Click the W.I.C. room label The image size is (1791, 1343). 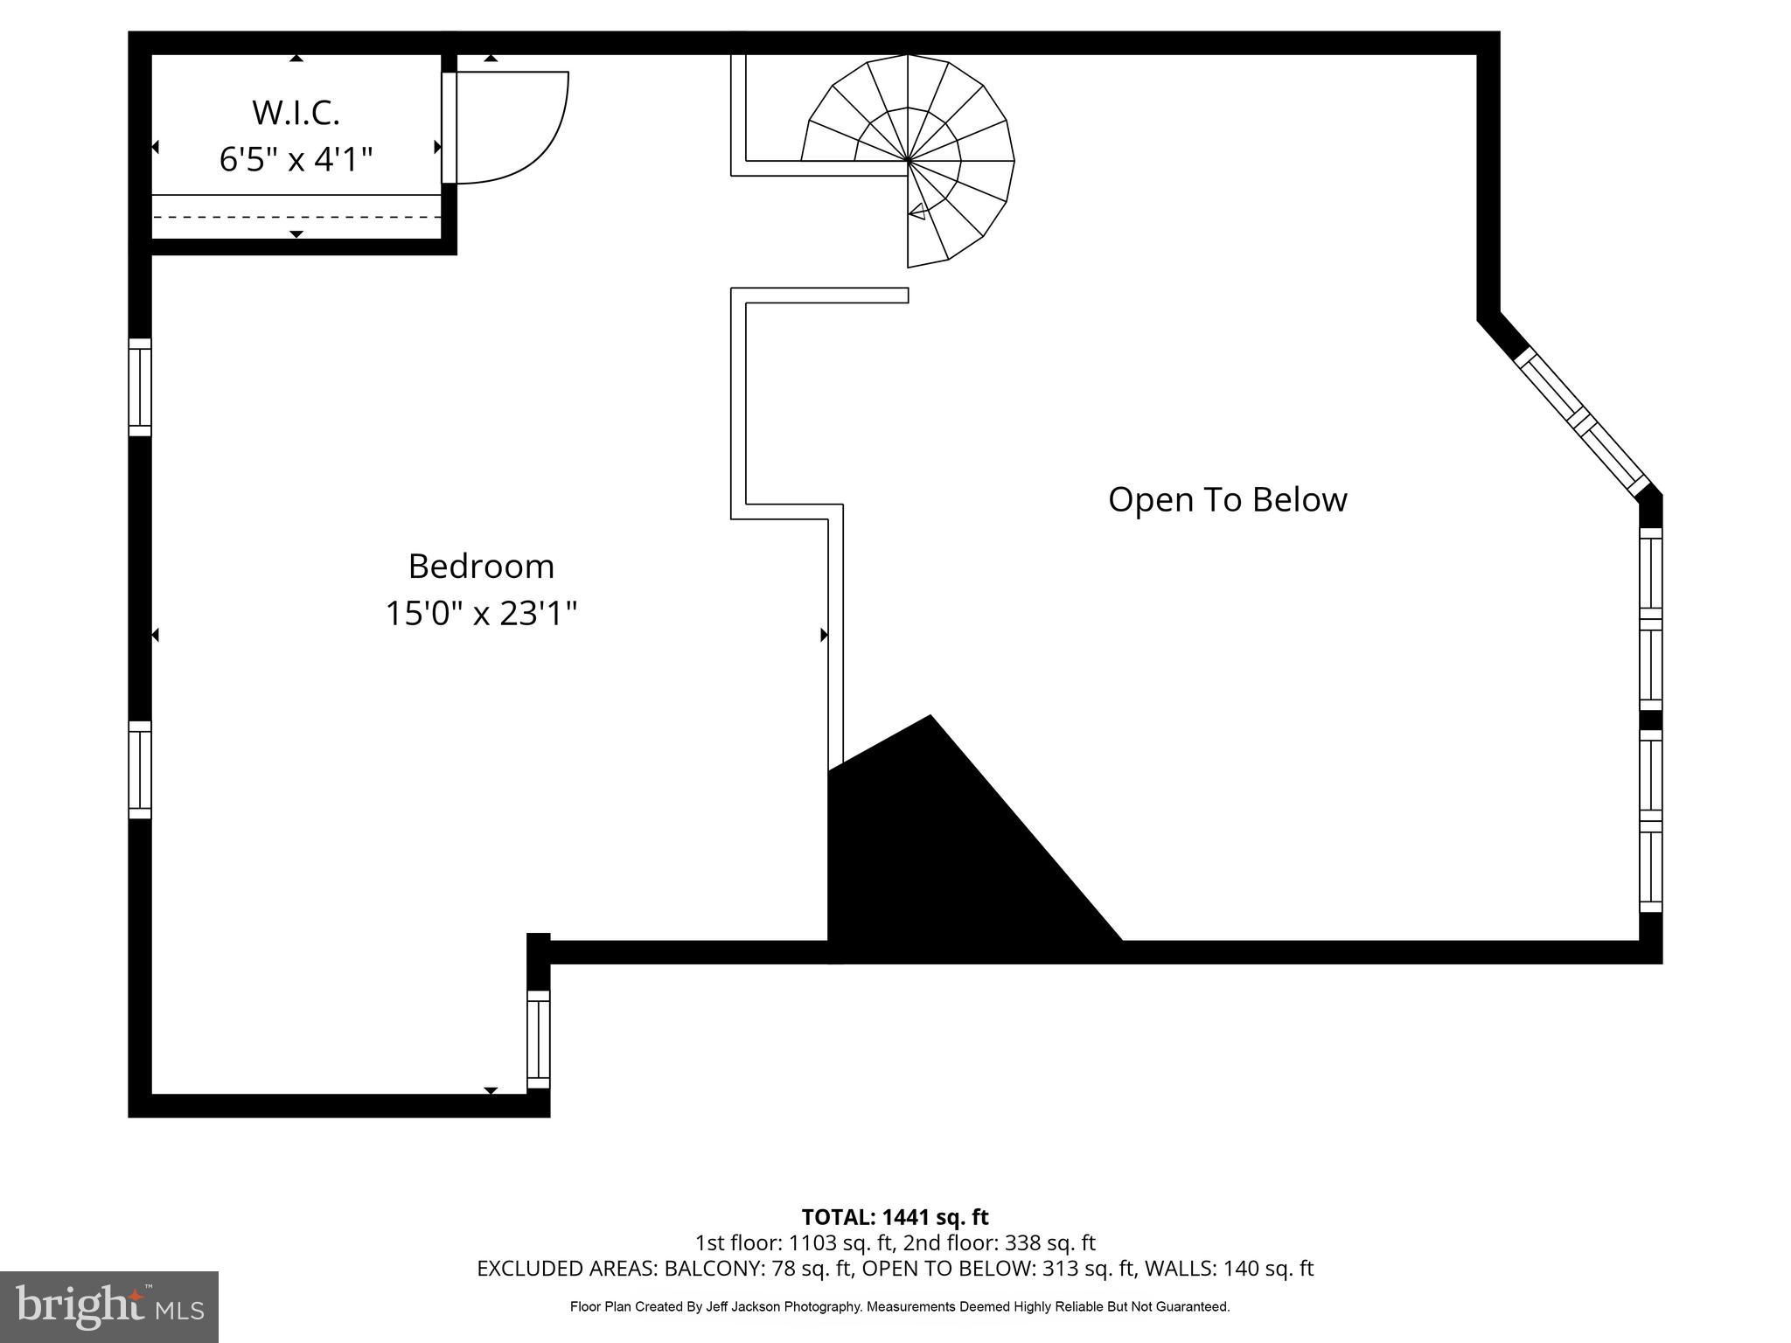(x=296, y=113)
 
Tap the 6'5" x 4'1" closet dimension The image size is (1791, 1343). (x=296, y=160)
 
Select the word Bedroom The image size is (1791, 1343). (x=481, y=567)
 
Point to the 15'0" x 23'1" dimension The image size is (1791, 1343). (x=481, y=614)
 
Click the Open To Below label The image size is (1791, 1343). (x=1227, y=500)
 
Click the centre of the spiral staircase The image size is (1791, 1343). (x=908, y=161)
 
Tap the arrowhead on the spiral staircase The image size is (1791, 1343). (x=917, y=211)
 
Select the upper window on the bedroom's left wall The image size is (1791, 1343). (x=140, y=386)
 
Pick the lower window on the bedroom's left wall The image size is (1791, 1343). (x=140, y=769)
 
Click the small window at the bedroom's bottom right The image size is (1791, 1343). (x=538, y=1040)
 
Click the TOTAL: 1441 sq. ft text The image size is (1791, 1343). (x=895, y=1217)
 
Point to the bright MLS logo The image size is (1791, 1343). (x=109, y=1307)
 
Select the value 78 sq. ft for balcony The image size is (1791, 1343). (x=809, y=1269)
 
